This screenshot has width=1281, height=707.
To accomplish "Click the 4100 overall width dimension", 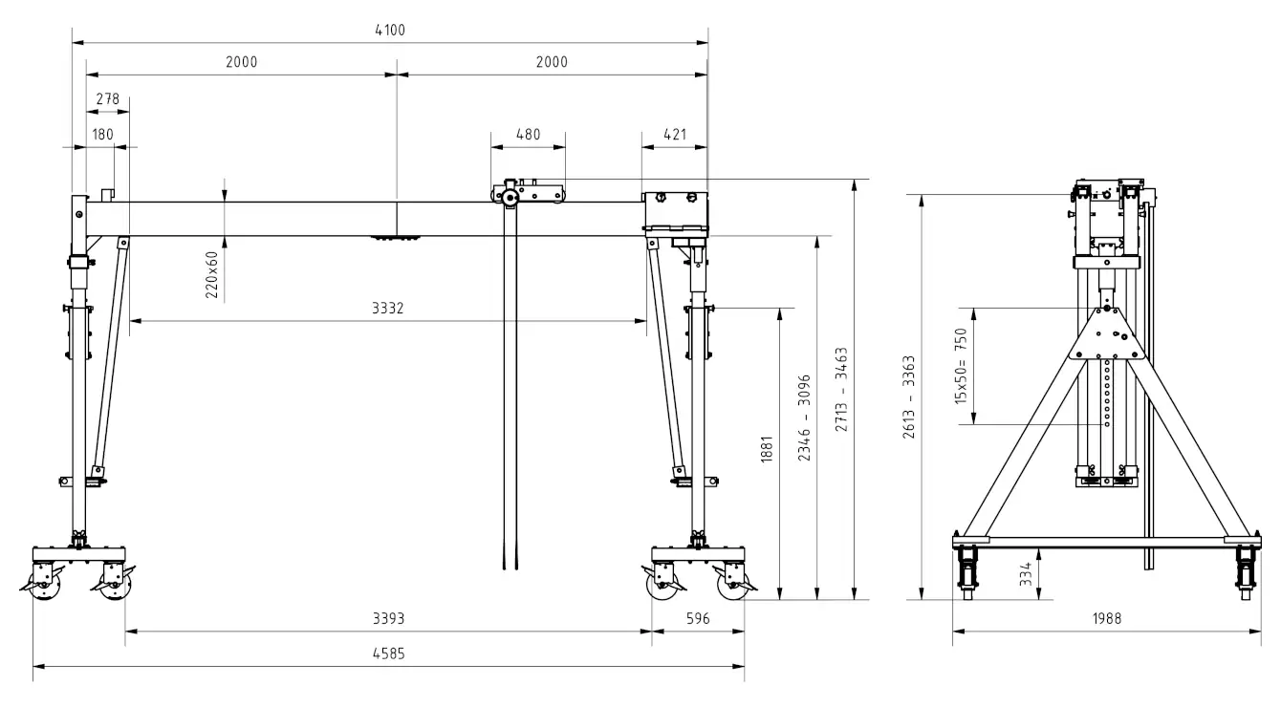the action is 390,31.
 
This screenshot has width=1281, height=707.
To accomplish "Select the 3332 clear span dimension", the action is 388,309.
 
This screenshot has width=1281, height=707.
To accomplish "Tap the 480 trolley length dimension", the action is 528,135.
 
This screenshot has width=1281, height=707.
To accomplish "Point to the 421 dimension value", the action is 675,135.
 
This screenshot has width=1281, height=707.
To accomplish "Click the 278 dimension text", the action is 107,99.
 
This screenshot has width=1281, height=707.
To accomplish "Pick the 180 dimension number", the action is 103,135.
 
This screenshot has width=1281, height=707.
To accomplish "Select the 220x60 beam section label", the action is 211,275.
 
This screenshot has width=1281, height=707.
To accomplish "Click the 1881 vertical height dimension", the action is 767,449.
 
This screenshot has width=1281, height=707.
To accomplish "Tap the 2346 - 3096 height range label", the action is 805,418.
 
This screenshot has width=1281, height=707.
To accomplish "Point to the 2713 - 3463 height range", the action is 841,389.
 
